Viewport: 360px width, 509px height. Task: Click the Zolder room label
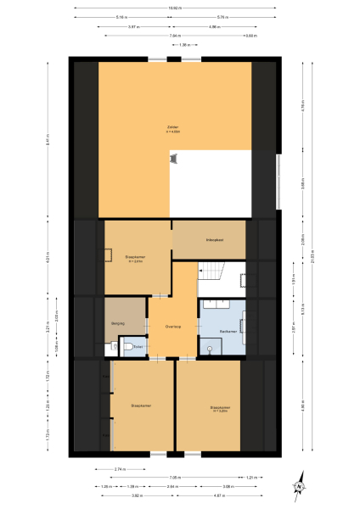pyautogui.click(x=173, y=128)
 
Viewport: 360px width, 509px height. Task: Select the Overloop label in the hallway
pyautogui.click(x=173, y=326)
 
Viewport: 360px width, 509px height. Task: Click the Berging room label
pyautogui.click(x=118, y=323)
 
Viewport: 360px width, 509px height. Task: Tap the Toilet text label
pyautogui.click(x=138, y=346)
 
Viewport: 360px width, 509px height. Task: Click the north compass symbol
pyautogui.click(x=300, y=486)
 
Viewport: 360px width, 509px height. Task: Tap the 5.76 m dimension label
pyautogui.click(x=223, y=17)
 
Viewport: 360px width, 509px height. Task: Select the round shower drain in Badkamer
pyautogui.click(x=210, y=349)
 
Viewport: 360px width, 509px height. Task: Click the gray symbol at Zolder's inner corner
pyautogui.click(x=174, y=159)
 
